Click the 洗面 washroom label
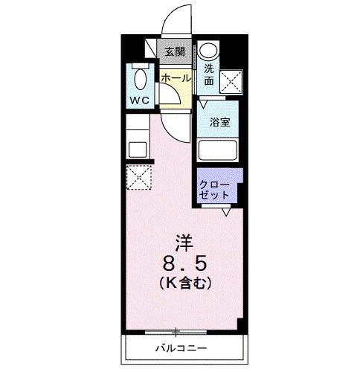tap(209, 71)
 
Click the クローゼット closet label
tap(215, 189)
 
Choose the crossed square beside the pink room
tap(138, 177)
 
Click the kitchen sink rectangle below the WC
tap(138, 148)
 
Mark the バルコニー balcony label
tap(181, 347)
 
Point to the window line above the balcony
tap(176, 331)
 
